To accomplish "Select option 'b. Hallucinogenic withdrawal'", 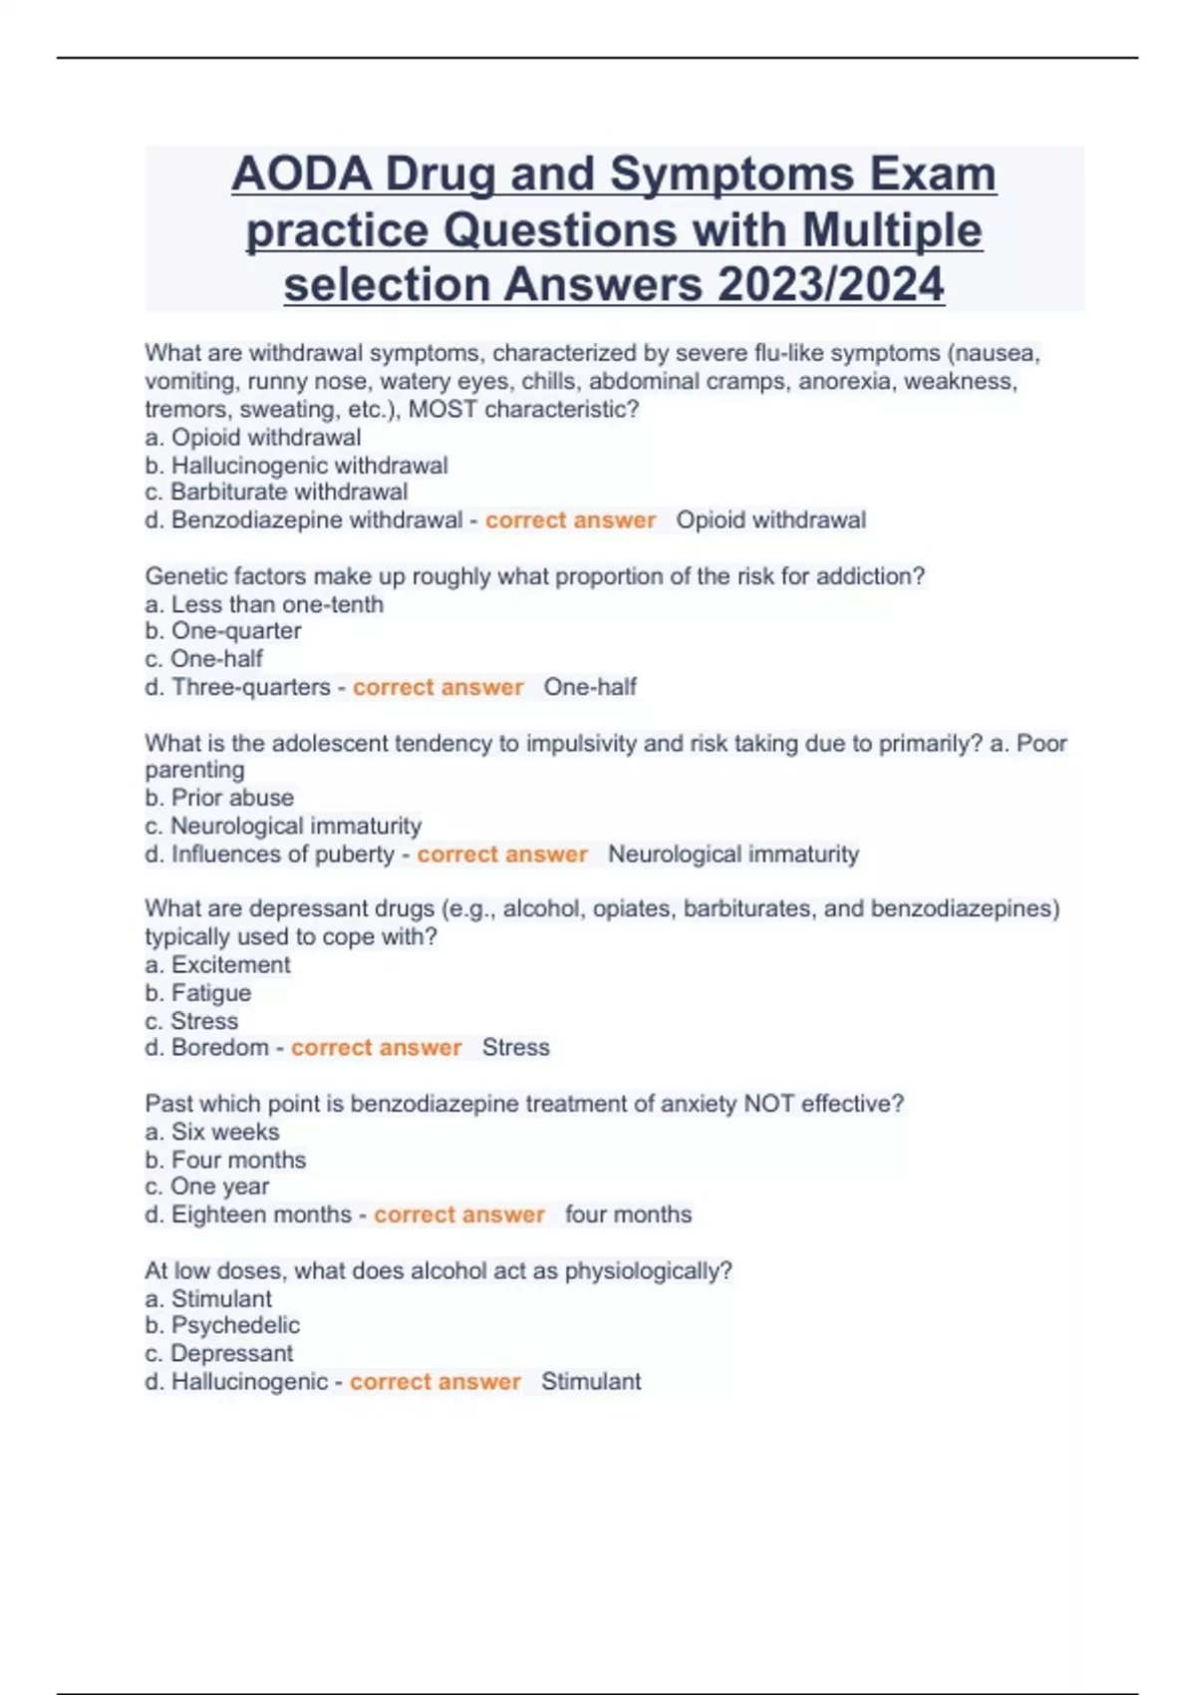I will [296, 466].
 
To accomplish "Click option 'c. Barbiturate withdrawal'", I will [276, 493].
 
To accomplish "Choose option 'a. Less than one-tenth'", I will [264, 604].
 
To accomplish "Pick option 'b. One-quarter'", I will [222, 631].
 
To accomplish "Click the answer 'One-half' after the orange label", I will [590, 687].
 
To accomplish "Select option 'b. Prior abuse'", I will [219, 798].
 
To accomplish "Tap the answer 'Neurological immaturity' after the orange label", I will [733, 854].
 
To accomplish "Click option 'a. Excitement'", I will [217, 965].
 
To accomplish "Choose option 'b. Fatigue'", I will [197, 993].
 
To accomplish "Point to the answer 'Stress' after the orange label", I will [515, 1048].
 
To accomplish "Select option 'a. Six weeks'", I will [211, 1132].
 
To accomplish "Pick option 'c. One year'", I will [206, 1186].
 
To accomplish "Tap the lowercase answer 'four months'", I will [628, 1214].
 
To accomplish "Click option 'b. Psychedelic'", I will [221, 1325].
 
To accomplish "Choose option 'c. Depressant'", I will [218, 1353].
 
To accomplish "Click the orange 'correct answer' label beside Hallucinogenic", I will [436, 1382].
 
